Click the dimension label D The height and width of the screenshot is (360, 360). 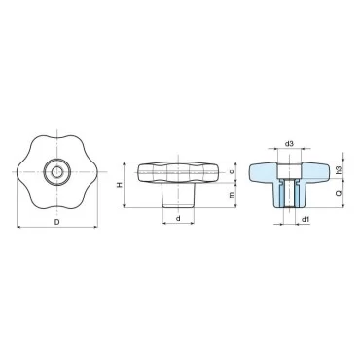click(56, 222)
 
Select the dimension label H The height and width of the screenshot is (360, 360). click(120, 185)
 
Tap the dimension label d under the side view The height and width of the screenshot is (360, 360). click(178, 219)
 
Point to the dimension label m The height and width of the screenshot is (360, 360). click(232, 195)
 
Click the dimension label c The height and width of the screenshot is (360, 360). click(232, 172)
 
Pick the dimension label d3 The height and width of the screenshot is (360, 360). click(289, 143)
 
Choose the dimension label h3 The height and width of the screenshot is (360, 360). click(339, 170)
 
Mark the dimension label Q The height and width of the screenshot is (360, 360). click(339, 193)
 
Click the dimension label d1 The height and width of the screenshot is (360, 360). click(306, 220)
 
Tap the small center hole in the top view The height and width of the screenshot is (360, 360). click(57, 171)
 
